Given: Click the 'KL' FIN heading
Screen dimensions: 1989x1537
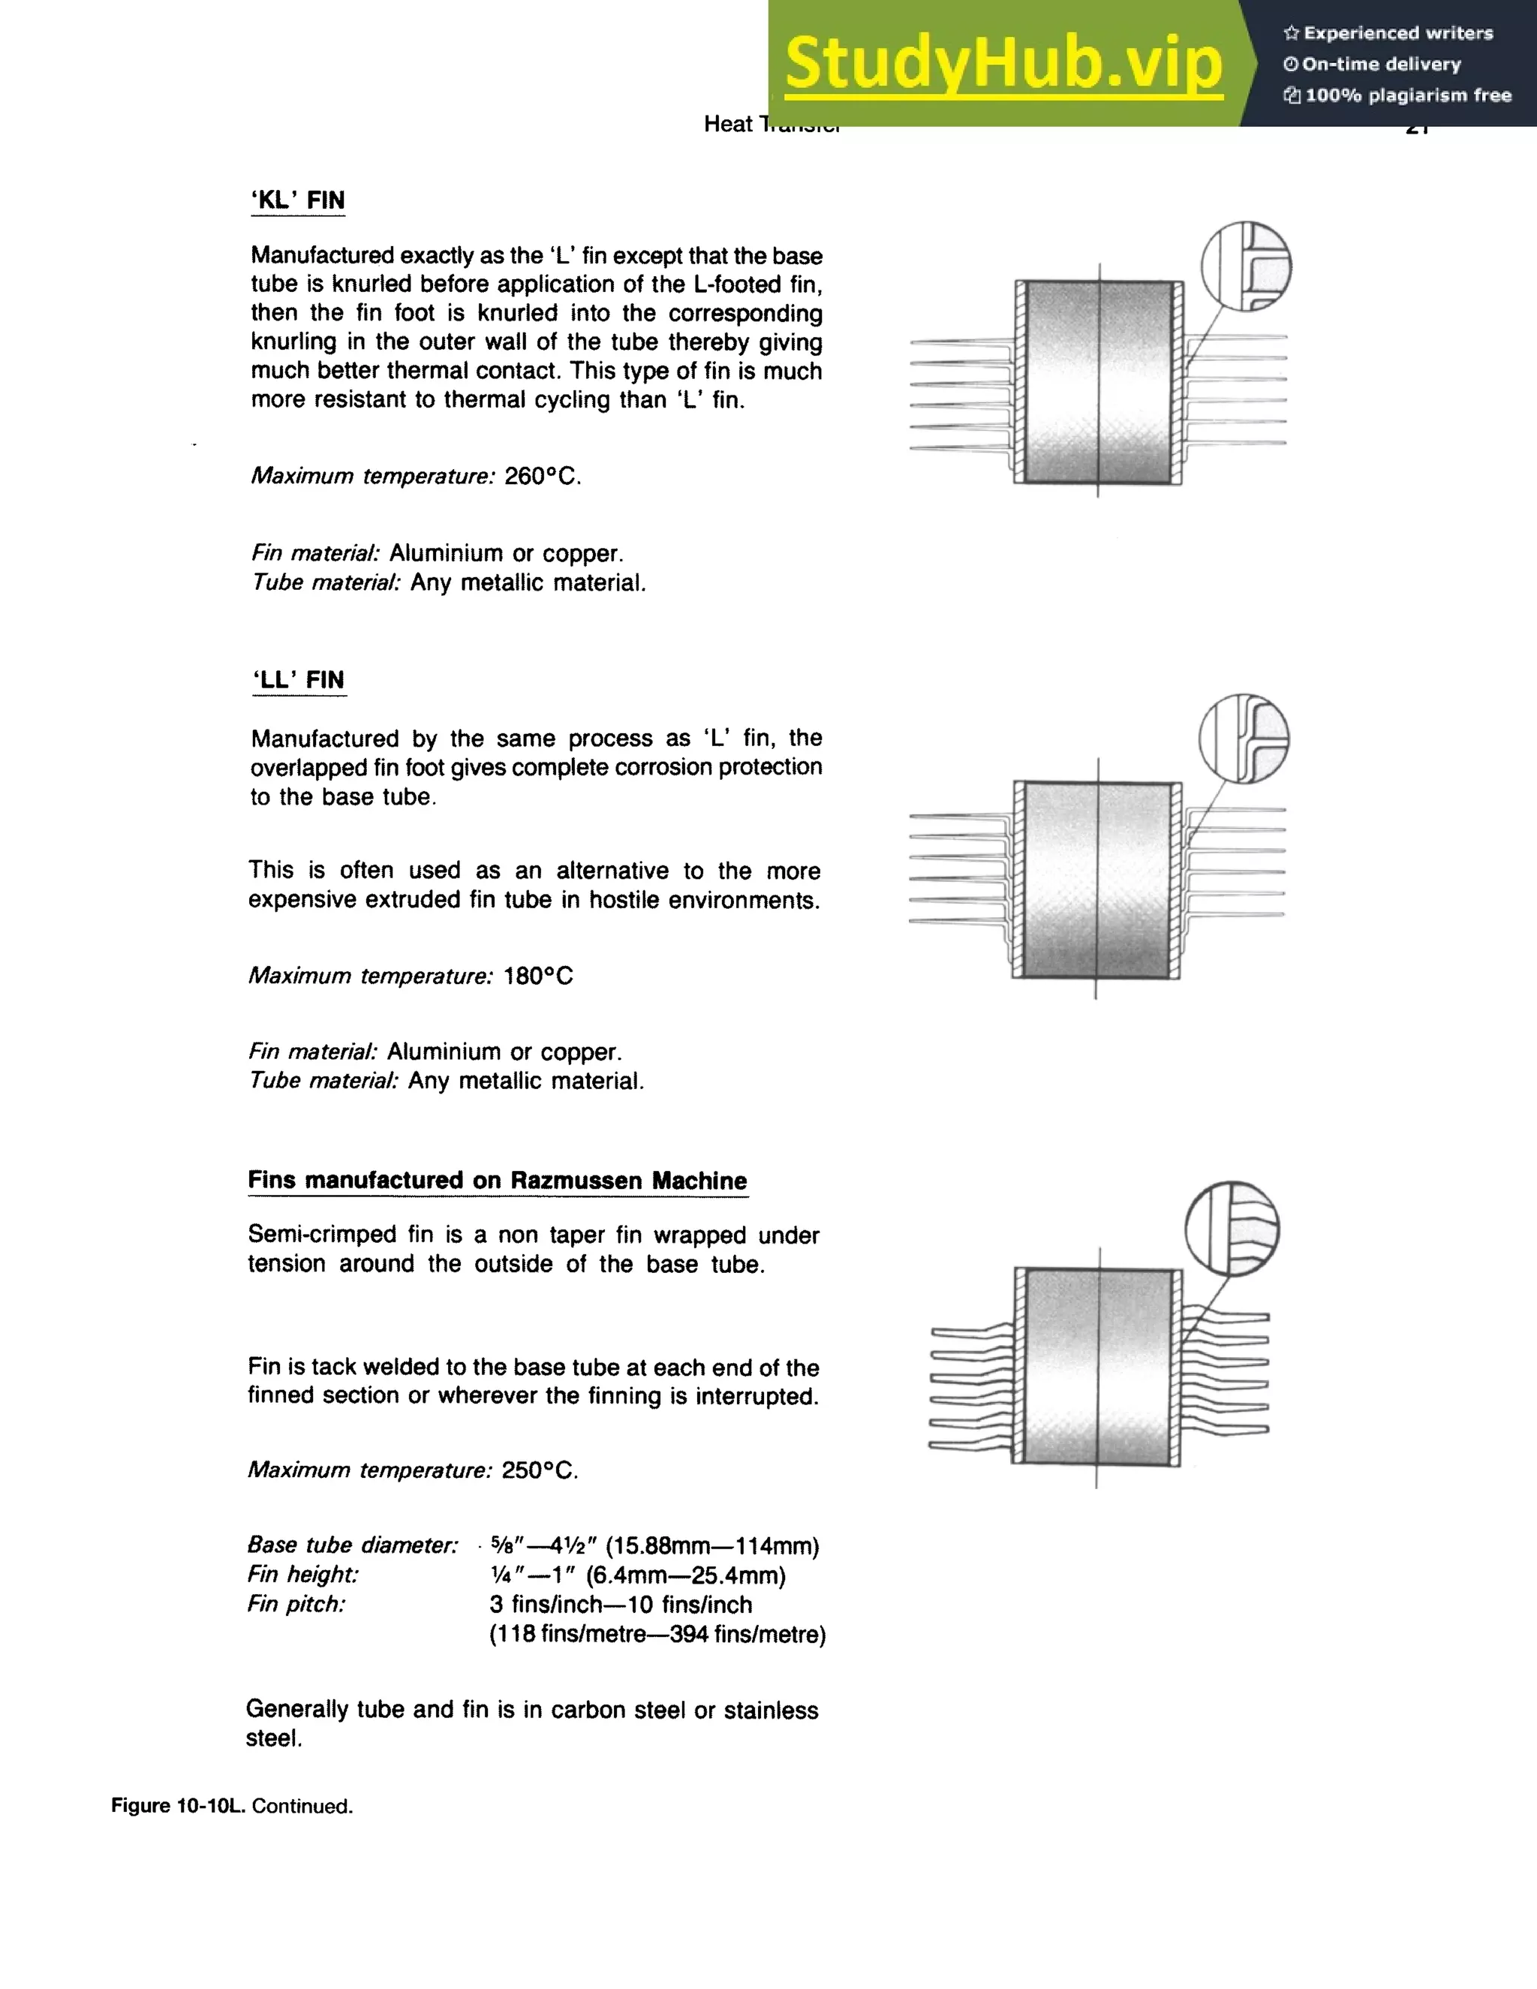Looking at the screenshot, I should tap(298, 200).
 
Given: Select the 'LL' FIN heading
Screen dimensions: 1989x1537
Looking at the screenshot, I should tap(299, 680).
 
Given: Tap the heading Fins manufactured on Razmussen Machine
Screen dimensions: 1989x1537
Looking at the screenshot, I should tap(497, 1181).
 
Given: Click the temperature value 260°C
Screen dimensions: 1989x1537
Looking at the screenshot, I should tap(543, 477).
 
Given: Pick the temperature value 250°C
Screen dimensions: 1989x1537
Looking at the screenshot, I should tap(540, 1471).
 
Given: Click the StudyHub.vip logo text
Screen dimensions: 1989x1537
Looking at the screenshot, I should tap(1003, 64).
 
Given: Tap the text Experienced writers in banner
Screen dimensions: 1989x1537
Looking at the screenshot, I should tap(1397, 34).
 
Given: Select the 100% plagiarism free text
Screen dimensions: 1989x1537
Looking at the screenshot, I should tap(1408, 95).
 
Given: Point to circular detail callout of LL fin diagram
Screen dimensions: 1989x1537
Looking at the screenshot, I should tap(1244, 739).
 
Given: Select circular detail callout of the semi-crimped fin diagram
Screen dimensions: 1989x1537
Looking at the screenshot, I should tap(1232, 1229).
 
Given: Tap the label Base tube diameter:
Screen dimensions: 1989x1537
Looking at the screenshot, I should tap(353, 1545).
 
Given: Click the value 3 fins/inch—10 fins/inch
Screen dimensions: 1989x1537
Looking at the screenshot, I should tap(620, 1605).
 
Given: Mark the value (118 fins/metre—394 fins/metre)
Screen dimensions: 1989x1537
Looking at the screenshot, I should tap(657, 1635).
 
